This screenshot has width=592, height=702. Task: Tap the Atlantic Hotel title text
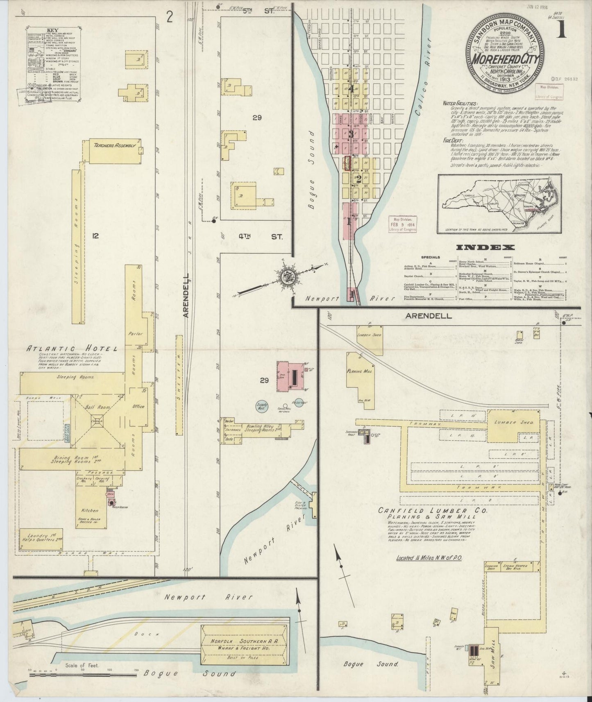pos(72,349)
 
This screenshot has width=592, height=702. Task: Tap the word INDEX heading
pos(485,247)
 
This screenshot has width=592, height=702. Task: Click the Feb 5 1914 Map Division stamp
pos(402,224)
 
